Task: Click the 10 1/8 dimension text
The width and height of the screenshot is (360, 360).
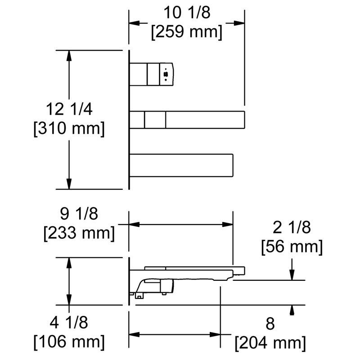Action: [187, 13]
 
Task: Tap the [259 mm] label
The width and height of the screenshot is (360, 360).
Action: [187, 31]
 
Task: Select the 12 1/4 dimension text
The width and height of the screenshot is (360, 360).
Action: [69, 109]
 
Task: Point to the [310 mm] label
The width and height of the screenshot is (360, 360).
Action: [69, 128]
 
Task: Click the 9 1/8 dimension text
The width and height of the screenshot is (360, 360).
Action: [79, 214]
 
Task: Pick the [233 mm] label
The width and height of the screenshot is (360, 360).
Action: [79, 233]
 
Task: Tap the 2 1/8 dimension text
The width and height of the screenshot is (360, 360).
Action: [292, 227]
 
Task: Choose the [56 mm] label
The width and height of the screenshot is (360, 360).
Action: [292, 246]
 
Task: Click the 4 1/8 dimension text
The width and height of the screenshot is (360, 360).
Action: [69, 322]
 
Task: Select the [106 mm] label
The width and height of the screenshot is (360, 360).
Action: [69, 342]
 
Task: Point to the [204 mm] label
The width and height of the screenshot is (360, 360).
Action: [270, 343]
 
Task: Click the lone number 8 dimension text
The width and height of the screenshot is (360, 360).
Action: [270, 324]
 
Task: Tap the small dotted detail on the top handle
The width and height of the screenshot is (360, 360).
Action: [166, 74]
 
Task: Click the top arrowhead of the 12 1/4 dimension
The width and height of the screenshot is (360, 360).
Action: [69, 56]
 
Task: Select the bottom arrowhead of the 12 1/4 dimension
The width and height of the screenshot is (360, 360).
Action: [69, 184]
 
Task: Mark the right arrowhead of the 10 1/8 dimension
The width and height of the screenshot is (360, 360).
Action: [239, 23]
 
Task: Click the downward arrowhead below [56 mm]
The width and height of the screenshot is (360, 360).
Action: [292, 275]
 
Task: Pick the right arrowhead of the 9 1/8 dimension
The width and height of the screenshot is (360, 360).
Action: [228, 224]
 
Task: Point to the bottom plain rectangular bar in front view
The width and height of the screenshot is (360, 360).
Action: [181, 165]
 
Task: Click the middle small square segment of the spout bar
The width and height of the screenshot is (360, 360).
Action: [155, 120]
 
